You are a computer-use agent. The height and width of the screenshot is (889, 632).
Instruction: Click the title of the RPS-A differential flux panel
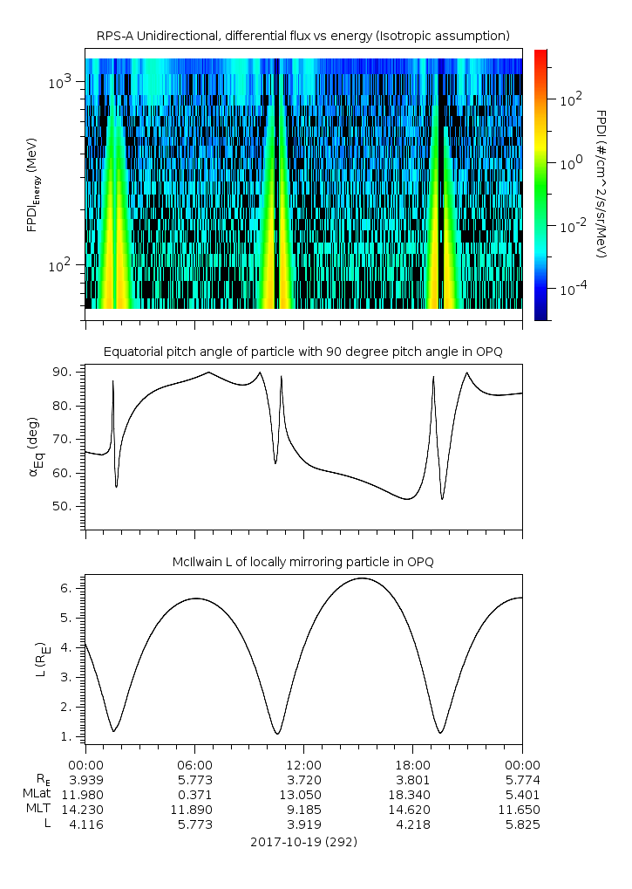pos(302,36)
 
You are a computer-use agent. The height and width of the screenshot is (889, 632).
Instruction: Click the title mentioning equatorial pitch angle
pos(302,352)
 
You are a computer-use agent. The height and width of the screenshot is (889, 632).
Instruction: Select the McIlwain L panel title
pos(302,561)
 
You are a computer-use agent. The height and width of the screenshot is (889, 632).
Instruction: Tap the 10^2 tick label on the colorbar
pos(569,99)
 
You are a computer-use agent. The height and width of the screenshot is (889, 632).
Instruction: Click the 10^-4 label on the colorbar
pos(571,288)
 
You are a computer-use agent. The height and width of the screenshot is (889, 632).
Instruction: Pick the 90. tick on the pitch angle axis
pos(66,373)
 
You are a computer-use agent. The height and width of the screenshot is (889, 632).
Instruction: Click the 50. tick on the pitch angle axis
pos(66,506)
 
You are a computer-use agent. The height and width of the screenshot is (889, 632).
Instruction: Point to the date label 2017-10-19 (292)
pos(302,842)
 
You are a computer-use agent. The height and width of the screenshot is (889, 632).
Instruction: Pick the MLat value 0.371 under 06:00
pos(194,794)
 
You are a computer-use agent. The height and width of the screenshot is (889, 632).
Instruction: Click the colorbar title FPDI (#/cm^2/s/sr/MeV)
pos(601,184)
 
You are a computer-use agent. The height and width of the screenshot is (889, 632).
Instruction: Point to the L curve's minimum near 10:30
pos(277,734)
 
